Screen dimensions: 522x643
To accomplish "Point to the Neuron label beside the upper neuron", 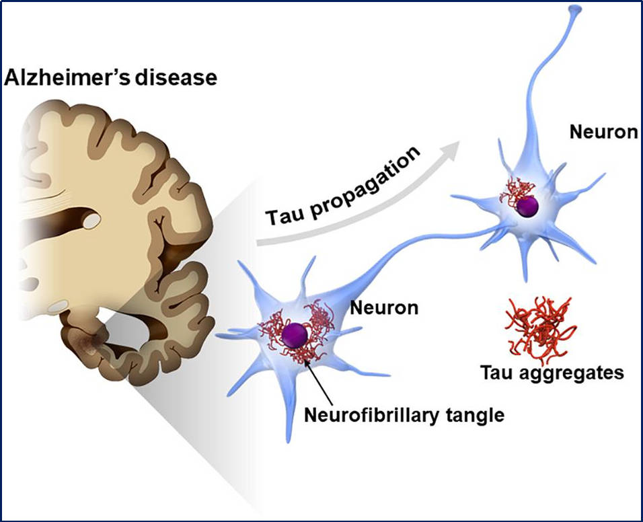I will tap(603, 132).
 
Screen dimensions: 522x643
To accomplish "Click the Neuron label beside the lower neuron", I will tap(385, 309).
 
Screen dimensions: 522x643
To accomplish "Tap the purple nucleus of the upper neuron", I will tap(527, 207).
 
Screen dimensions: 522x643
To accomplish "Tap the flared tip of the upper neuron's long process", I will tap(573, 11).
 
